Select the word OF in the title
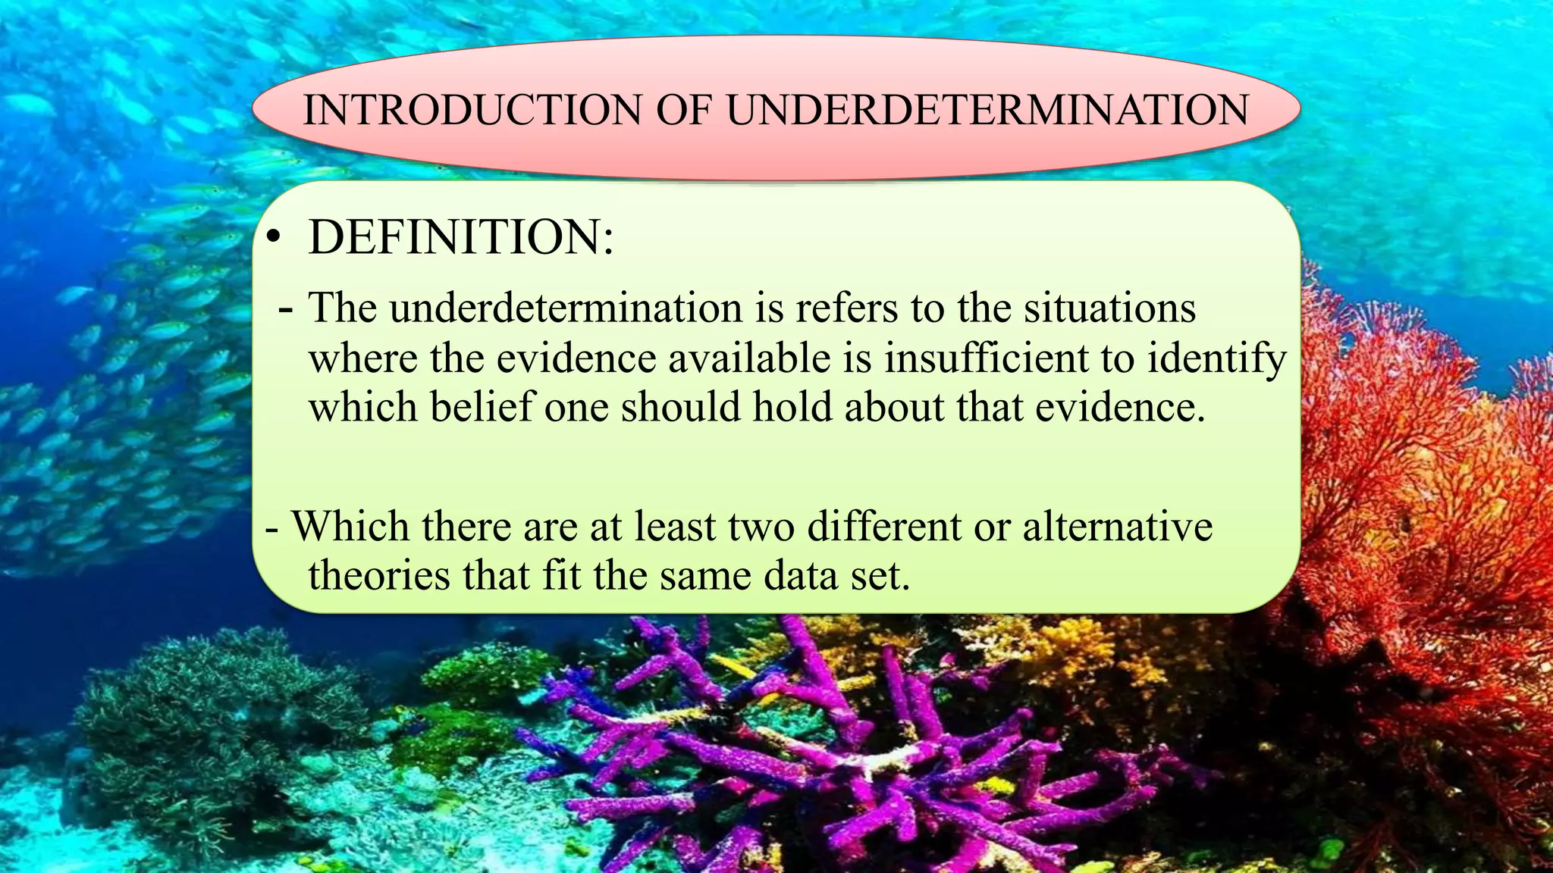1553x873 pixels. [x=684, y=110]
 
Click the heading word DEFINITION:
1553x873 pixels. [x=461, y=237]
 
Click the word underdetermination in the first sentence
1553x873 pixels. [x=566, y=308]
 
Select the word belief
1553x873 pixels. [x=482, y=407]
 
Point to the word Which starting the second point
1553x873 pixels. [x=351, y=526]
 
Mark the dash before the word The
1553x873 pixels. [x=286, y=309]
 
